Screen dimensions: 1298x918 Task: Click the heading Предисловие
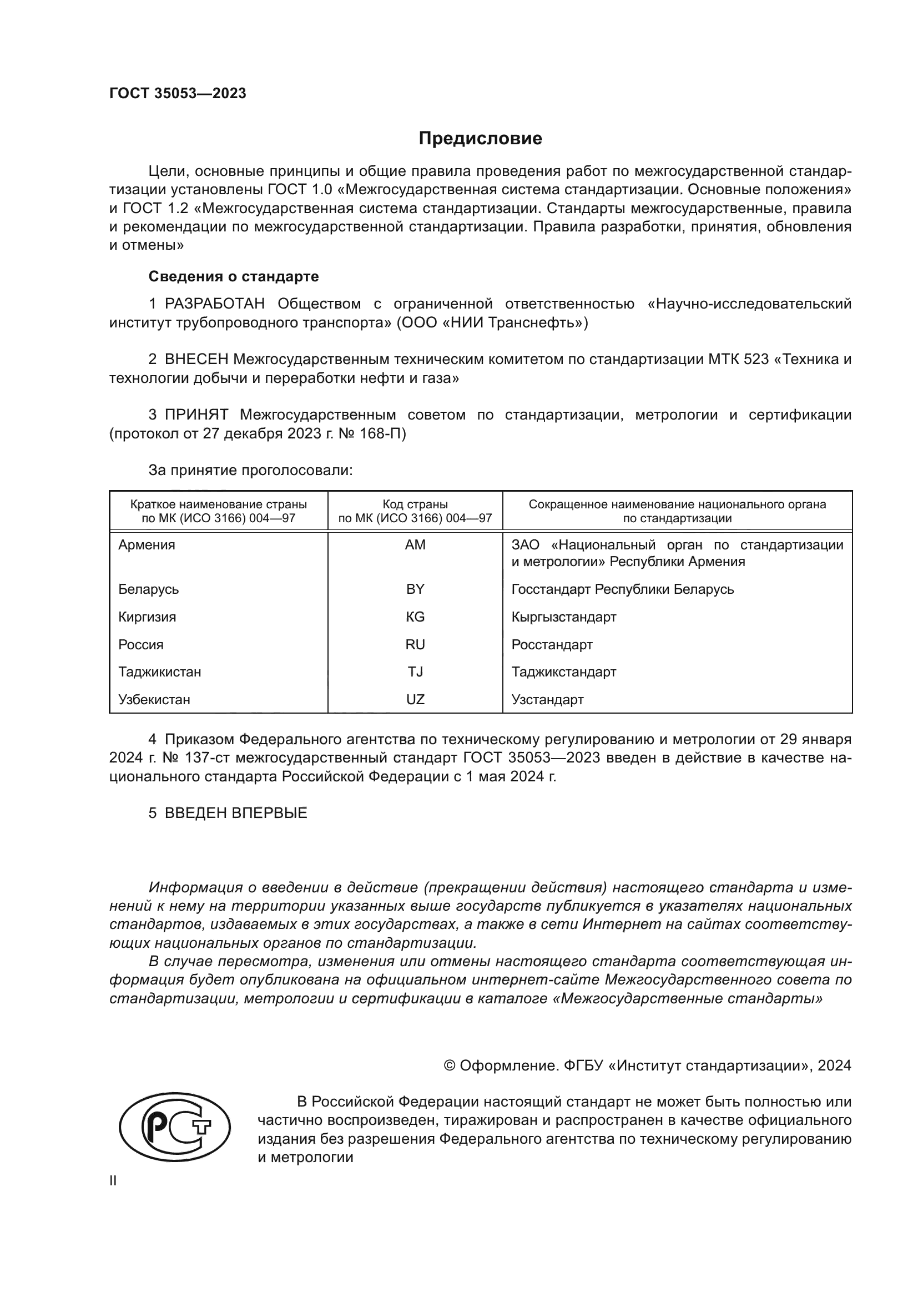[x=480, y=139]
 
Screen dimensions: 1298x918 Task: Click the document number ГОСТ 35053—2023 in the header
[x=178, y=94]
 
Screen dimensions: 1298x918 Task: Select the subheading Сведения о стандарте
[x=234, y=276]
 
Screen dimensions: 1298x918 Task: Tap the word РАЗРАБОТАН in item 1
[x=214, y=304]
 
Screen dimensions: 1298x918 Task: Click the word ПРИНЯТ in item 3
[x=196, y=415]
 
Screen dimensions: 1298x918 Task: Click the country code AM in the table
[x=415, y=545]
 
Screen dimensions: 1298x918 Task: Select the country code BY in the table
[x=415, y=589]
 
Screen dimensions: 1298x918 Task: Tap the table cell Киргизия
[x=147, y=617]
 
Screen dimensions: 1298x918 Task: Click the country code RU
[x=415, y=644]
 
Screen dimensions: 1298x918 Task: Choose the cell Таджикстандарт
[x=563, y=672]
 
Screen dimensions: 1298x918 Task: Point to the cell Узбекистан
[x=154, y=700]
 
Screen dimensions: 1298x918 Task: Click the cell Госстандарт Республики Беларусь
[x=622, y=589]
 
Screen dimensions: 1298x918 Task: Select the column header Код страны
[x=415, y=504]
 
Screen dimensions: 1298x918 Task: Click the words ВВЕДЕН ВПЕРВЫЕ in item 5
[x=236, y=814]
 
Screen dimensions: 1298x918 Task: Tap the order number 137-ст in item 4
[x=208, y=758]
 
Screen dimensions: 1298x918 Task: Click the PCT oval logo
[x=175, y=1128]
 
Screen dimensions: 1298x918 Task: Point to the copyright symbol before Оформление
[x=450, y=1065]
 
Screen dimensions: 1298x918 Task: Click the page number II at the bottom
[x=113, y=1180]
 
